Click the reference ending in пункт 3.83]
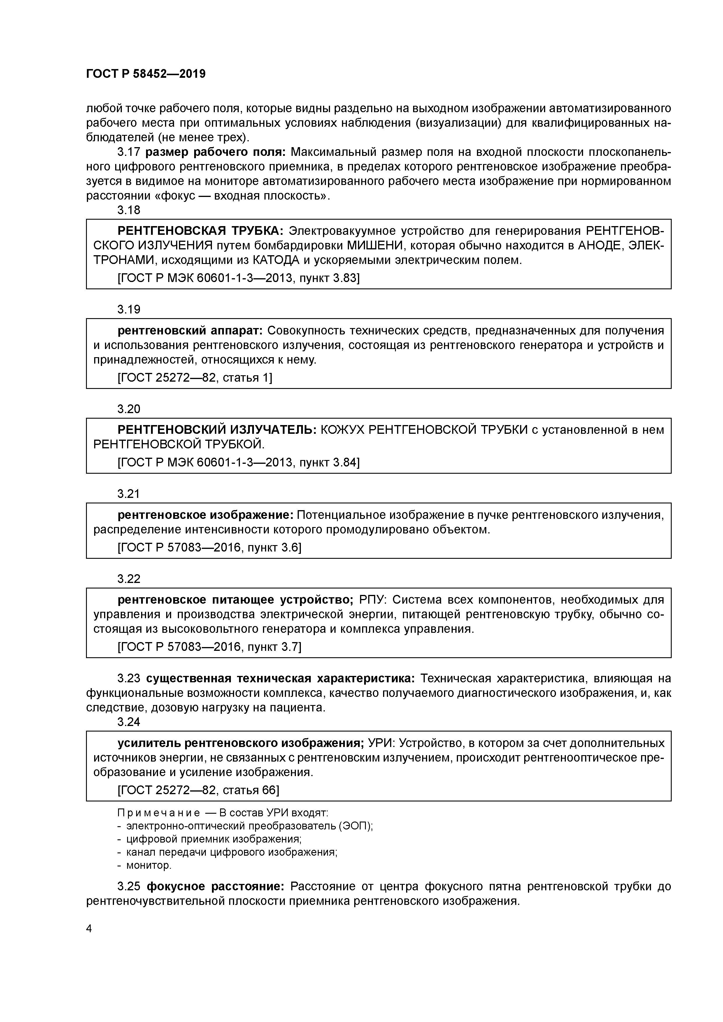pos(238,278)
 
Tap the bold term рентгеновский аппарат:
pos(191,331)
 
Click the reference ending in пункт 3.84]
pos(238,462)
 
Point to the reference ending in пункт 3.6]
pos(209,547)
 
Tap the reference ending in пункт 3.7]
pos(209,647)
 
